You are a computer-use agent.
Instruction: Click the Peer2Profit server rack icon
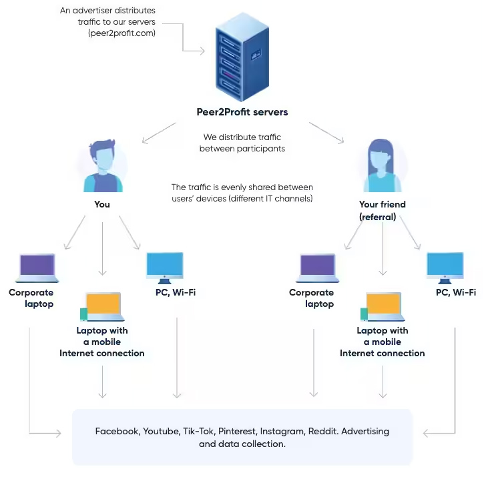[x=242, y=59]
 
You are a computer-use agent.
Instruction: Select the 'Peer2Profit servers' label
[x=242, y=112]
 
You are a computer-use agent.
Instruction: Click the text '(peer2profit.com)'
[x=121, y=33]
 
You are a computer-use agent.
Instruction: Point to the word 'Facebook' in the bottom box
[x=117, y=432]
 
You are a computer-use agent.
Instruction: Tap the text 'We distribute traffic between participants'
[x=242, y=143]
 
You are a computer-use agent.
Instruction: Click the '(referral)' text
[x=378, y=217]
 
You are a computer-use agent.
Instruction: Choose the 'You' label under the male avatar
[x=102, y=204]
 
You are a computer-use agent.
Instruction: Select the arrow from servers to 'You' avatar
[x=159, y=133]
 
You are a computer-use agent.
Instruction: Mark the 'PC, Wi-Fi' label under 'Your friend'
[x=456, y=292]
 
